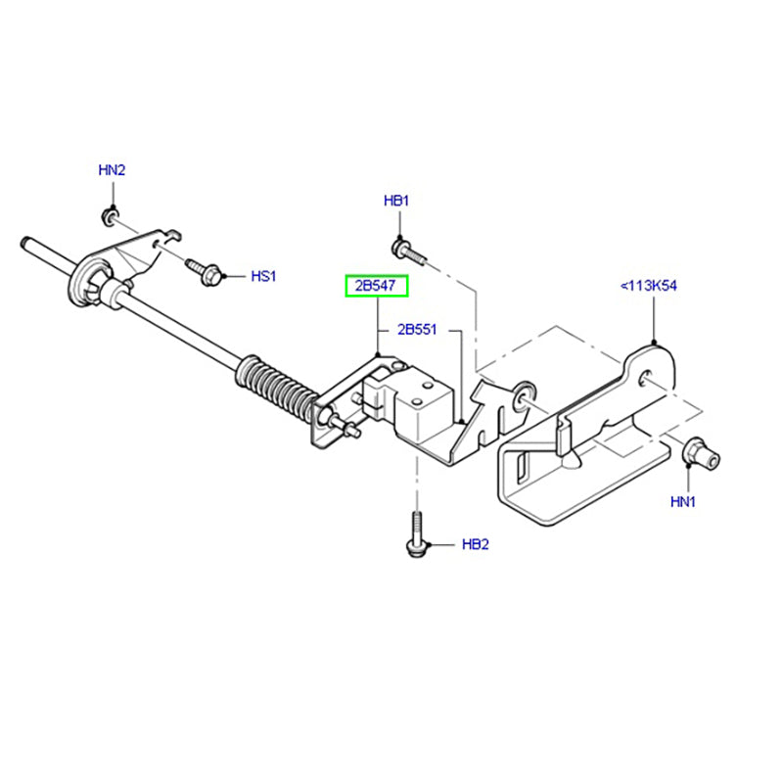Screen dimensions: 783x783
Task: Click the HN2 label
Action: pyautogui.click(x=113, y=170)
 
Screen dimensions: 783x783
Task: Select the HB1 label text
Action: pyautogui.click(x=396, y=202)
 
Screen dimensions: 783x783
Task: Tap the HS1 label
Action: pyautogui.click(x=264, y=277)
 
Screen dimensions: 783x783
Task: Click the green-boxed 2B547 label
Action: pyautogui.click(x=375, y=287)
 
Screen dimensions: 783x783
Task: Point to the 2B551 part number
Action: pyautogui.click(x=416, y=329)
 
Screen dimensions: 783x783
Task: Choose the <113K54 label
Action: pyautogui.click(x=650, y=287)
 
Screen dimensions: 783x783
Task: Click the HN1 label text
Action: pyautogui.click(x=682, y=502)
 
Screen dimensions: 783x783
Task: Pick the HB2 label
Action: pyautogui.click(x=475, y=543)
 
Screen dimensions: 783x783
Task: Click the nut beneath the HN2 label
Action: pyautogui.click(x=110, y=215)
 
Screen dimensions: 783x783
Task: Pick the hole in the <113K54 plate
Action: pyautogui.click(x=645, y=377)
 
